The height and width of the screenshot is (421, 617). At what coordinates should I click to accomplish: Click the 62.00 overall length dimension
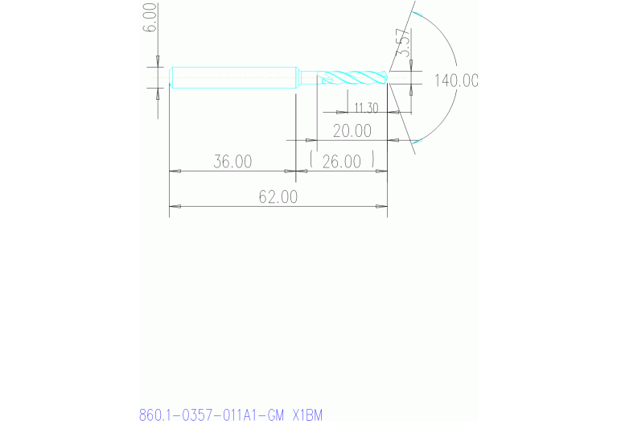[x=278, y=196]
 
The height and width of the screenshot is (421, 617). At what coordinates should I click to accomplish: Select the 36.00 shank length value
[x=232, y=162]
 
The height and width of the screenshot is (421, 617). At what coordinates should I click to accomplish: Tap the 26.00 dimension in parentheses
[x=342, y=162]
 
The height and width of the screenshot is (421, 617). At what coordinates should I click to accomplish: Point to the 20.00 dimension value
[x=352, y=130]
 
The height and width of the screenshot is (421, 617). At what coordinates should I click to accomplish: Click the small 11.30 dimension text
[x=366, y=108]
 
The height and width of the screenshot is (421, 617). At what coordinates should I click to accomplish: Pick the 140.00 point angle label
[x=455, y=80]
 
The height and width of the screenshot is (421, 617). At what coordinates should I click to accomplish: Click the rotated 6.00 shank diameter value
[x=150, y=17]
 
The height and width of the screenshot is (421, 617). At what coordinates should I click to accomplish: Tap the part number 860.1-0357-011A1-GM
[x=212, y=415]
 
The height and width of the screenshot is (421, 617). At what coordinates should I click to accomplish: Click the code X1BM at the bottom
[x=307, y=415]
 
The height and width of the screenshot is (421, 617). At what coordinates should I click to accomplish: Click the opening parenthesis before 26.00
[x=311, y=161]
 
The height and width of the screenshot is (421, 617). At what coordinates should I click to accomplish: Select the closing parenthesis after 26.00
[x=375, y=161]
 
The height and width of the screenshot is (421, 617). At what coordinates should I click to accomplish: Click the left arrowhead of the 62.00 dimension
[x=174, y=206]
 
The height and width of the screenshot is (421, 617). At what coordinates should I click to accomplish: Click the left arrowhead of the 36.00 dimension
[x=174, y=171]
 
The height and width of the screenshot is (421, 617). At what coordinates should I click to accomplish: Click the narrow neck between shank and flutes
[x=308, y=78]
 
